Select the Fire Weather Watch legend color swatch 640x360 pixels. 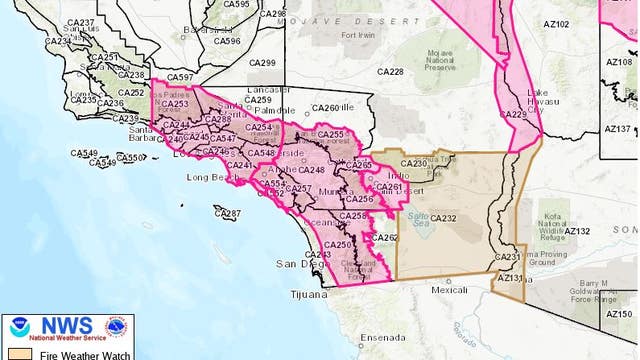(15, 353)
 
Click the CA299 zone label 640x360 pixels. (262, 62)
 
